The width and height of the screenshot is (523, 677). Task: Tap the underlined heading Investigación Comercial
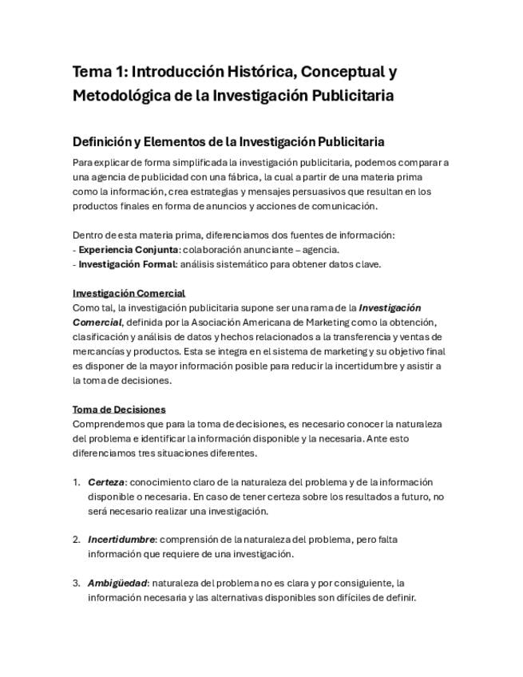129,293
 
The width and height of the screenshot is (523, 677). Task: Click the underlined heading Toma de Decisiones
119,410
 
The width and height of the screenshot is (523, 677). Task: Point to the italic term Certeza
106,482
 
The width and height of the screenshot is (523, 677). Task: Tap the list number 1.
76,482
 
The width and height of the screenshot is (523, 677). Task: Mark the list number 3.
76,583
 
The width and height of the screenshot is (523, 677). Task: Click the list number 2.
76,540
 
